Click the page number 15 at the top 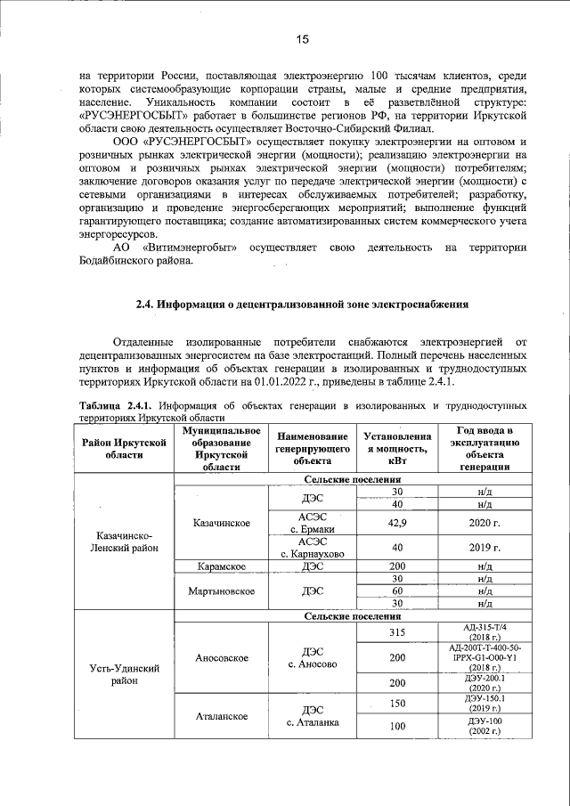point(302,39)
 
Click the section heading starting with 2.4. point(302,305)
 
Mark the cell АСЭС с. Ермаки point(311,524)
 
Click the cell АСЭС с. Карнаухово point(311,548)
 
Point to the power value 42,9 point(397,524)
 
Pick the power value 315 point(397,632)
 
